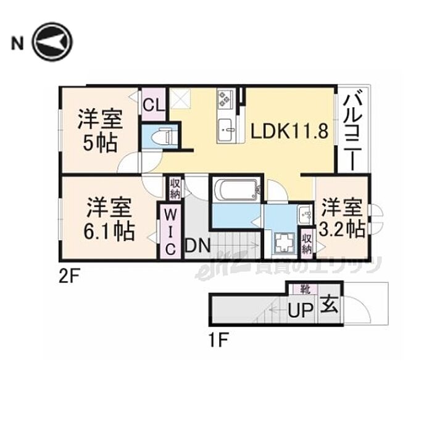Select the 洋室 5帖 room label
[99, 131]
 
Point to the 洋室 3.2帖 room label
[341, 218]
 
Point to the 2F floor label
[70, 277]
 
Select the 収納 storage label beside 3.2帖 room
[307, 241]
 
